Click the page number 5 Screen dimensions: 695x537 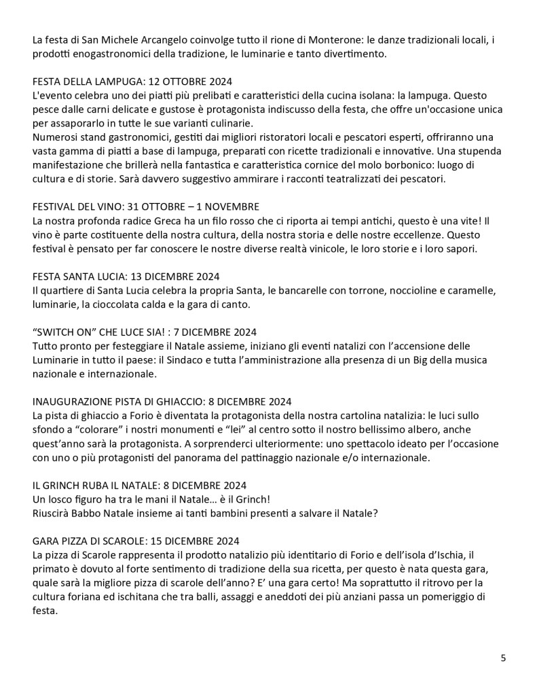(x=503, y=658)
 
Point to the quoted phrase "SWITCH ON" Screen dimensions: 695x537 (x=62, y=332)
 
